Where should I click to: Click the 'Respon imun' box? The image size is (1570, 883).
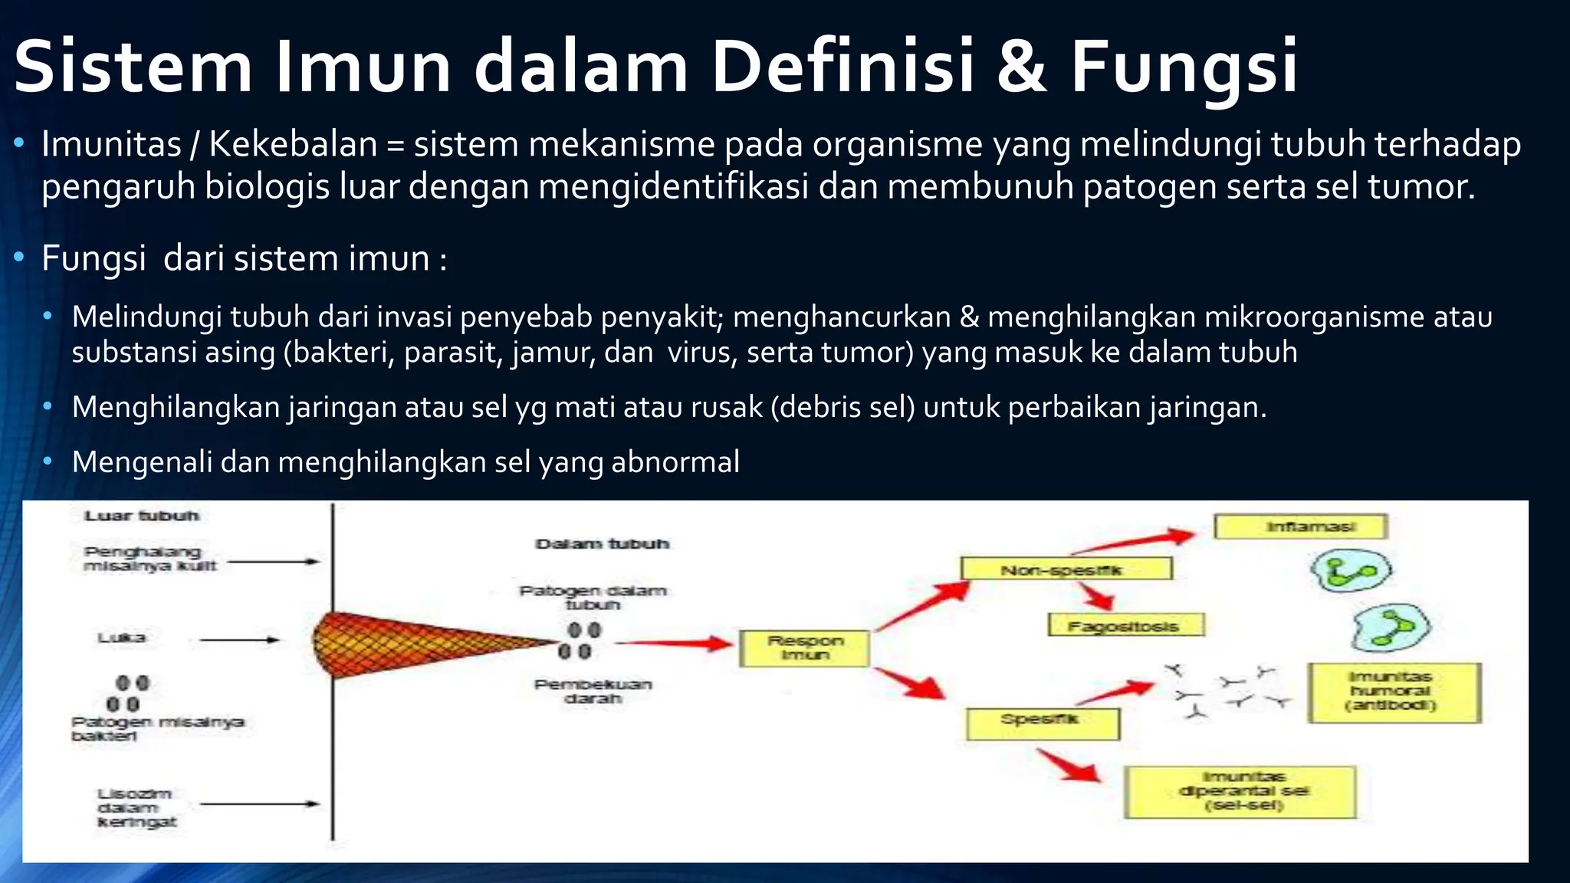click(804, 648)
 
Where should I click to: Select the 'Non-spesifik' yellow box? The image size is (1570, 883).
click(1066, 569)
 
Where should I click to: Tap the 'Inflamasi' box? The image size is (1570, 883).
click(1301, 527)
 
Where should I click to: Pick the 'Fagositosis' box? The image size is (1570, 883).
click(1125, 625)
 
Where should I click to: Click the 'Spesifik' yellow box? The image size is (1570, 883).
click(1043, 723)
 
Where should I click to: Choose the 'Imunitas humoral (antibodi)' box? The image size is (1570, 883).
click(1394, 693)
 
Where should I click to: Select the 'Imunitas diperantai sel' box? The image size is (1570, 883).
click(1240, 792)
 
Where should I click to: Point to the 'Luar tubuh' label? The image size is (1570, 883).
click(142, 516)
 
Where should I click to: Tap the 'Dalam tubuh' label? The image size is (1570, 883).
click(602, 544)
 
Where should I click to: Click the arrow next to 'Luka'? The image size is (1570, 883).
click(239, 639)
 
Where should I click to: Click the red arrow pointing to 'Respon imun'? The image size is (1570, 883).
click(675, 643)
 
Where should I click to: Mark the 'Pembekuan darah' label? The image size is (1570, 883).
click(593, 691)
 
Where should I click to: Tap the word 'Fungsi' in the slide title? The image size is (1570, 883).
click(1184, 67)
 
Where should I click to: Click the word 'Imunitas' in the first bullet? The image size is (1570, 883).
click(112, 145)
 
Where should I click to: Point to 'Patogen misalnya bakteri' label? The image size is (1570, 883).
click(157, 728)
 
